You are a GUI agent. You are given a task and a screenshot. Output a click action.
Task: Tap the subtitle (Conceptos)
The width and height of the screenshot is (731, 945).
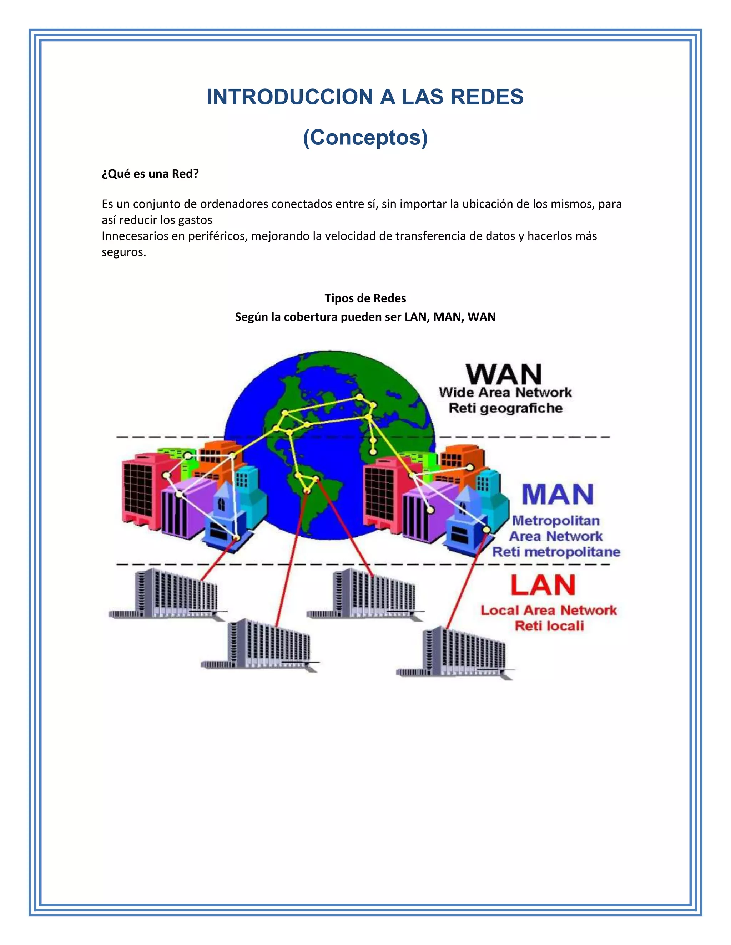coord(365,137)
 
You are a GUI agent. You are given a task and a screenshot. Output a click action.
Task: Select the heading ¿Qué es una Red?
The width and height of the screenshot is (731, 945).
coord(150,174)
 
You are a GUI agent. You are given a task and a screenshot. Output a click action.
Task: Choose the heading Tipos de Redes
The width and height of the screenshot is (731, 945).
coord(365,298)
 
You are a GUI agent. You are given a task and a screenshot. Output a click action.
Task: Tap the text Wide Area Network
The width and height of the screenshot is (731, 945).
coord(505,393)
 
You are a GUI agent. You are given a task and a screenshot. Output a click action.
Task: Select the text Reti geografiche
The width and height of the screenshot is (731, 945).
coord(505,408)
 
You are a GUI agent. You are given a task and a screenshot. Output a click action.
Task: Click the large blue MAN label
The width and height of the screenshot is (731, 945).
coord(557,495)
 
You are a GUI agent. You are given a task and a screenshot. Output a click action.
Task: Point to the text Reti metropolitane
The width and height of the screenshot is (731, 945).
coord(556,552)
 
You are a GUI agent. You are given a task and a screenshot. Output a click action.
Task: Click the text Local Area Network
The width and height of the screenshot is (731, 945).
coord(549,611)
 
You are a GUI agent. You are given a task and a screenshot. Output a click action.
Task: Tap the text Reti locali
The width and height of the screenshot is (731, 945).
coord(549,626)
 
